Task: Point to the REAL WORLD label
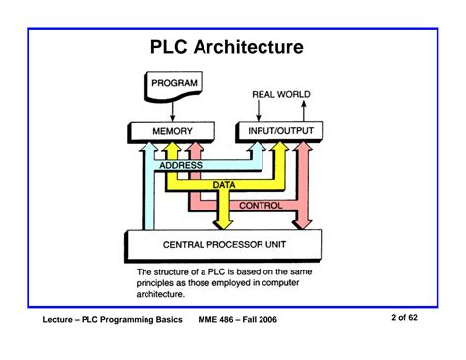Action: point(280,95)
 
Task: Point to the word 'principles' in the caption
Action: point(159,281)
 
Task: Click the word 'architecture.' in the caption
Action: point(168,292)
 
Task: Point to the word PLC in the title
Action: point(174,47)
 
